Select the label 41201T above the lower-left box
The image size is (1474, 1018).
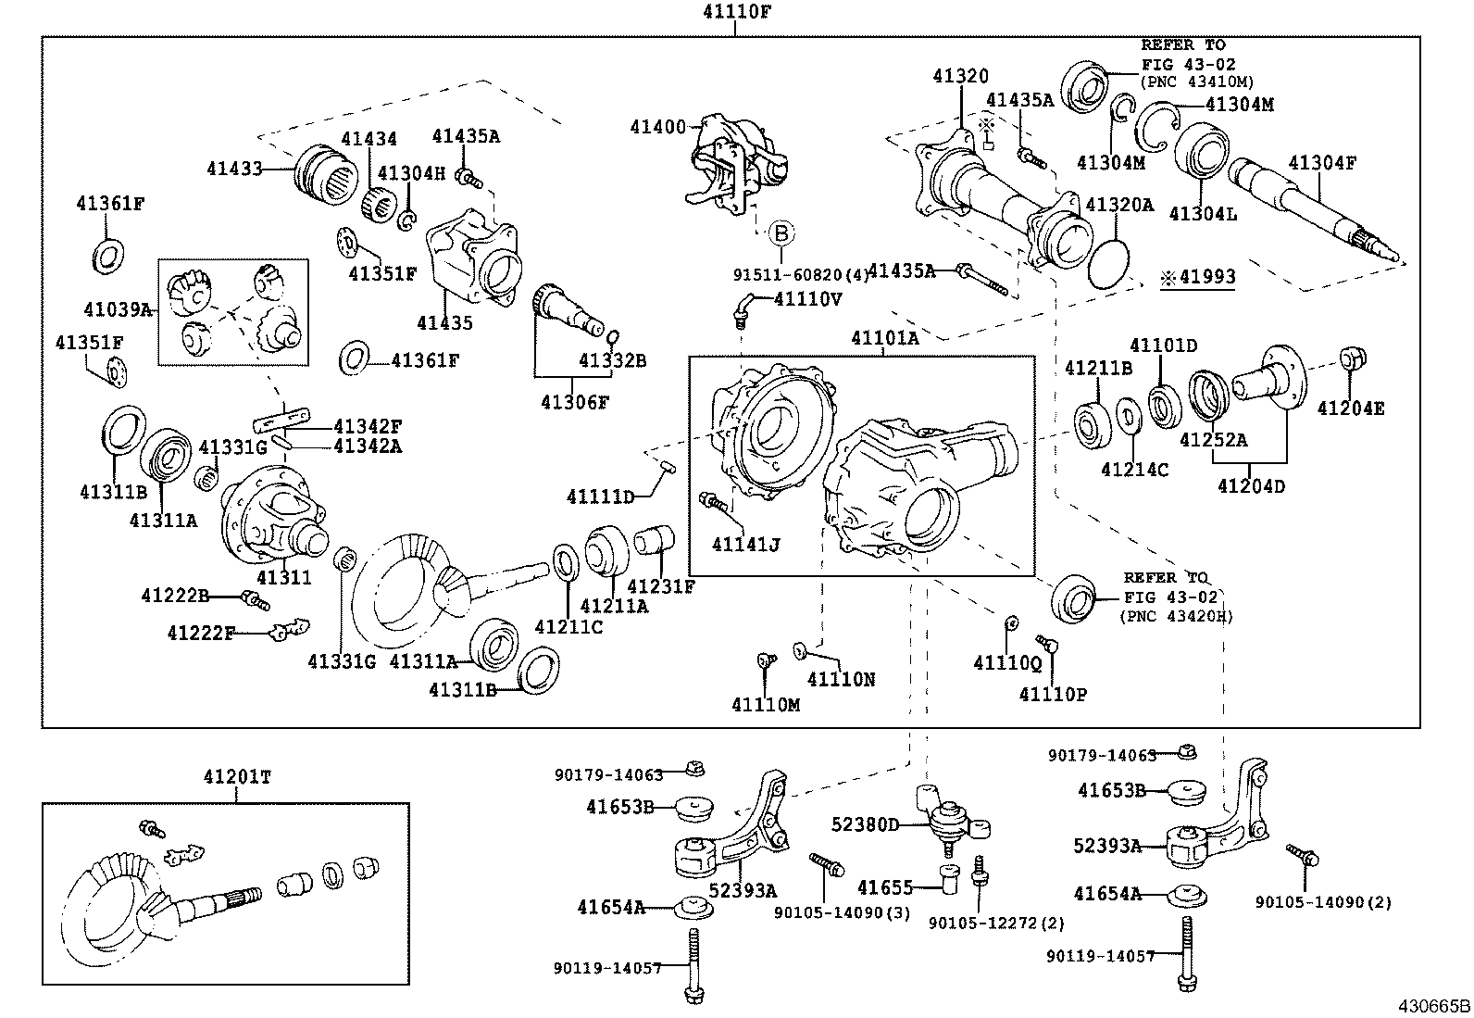237,777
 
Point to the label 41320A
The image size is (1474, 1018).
1119,206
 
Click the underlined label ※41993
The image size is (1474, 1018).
1198,277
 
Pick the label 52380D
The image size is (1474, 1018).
865,824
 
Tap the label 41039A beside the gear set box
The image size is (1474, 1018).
117,309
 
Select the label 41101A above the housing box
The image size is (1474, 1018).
885,339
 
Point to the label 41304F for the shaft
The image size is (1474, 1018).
1321,163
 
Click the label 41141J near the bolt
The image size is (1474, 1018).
745,544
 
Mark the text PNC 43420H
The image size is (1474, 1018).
1176,616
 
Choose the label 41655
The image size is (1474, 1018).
886,887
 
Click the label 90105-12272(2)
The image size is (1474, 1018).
996,923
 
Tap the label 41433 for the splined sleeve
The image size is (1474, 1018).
234,169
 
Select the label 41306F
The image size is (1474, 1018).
576,401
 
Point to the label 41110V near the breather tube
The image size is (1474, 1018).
807,298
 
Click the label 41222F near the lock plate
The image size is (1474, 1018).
201,633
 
